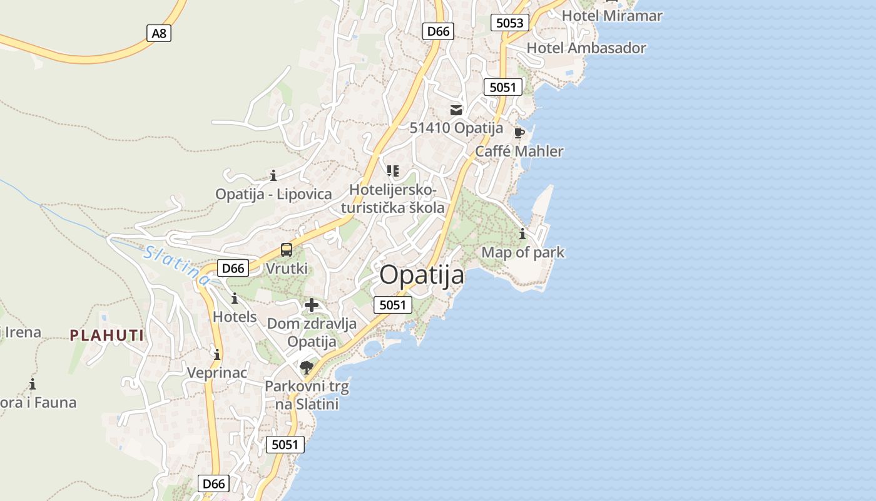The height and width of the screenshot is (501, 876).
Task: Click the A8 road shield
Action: click(160, 33)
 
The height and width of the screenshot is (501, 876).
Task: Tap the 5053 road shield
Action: click(509, 23)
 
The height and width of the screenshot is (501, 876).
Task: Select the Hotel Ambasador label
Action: click(586, 48)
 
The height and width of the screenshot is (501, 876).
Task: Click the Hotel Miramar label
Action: click(612, 16)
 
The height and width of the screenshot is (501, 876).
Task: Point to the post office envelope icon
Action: click(456, 110)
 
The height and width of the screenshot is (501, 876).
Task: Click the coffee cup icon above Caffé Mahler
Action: click(519, 133)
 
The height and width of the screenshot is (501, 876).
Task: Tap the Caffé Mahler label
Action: click(519, 152)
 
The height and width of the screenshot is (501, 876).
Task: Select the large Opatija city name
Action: click(422, 275)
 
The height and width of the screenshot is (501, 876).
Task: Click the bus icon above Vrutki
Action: click(287, 250)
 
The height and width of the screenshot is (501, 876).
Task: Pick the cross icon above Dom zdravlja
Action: click(312, 305)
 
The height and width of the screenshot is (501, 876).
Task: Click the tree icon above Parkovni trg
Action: click(306, 367)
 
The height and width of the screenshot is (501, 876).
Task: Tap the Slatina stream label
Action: click(177, 266)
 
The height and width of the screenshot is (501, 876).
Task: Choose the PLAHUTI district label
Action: click(107, 335)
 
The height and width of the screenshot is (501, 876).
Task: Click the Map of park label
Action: click(522, 252)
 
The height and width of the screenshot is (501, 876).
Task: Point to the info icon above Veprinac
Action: click(217, 354)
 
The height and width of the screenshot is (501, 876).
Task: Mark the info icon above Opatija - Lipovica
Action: click(273, 175)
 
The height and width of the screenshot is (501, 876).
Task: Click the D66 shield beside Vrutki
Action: click(233, 268)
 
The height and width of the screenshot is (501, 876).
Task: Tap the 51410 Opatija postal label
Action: click(456, 128)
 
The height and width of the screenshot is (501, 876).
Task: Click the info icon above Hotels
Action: click(235, 298)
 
